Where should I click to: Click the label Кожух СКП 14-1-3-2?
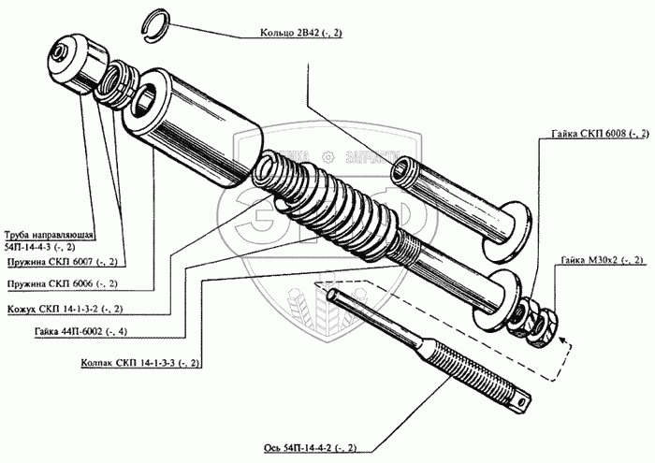click(x=65, y=309)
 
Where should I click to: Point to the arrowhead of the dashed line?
click(x=563, y=345)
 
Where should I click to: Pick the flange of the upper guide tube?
click(x=510, y=225)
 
